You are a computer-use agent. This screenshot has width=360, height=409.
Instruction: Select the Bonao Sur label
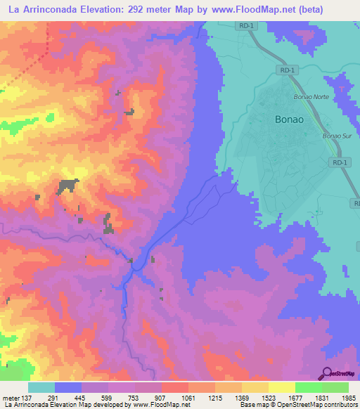click(335, 136)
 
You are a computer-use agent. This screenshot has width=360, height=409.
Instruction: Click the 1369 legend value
click(242, 397)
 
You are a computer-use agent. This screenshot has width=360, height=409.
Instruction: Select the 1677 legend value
click(295, 397)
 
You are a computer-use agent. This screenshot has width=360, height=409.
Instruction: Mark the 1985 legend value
click(349, 397)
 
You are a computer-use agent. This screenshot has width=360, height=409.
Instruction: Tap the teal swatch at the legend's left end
click(41, 387)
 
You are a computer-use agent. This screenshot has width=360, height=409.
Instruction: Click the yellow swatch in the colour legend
click(281, 387)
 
